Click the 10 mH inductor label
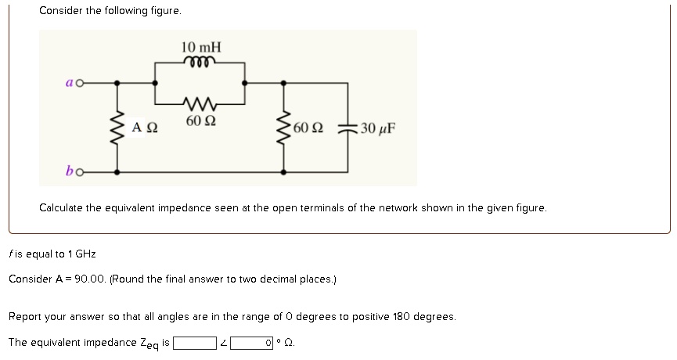point(201,48)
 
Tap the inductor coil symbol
point(200,63)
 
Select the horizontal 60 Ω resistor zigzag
point(201,102)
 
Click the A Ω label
point(145,128)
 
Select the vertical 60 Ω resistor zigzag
point(283,127)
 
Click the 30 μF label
point(378,128)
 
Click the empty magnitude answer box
point(195,343)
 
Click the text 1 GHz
point(81,254)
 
